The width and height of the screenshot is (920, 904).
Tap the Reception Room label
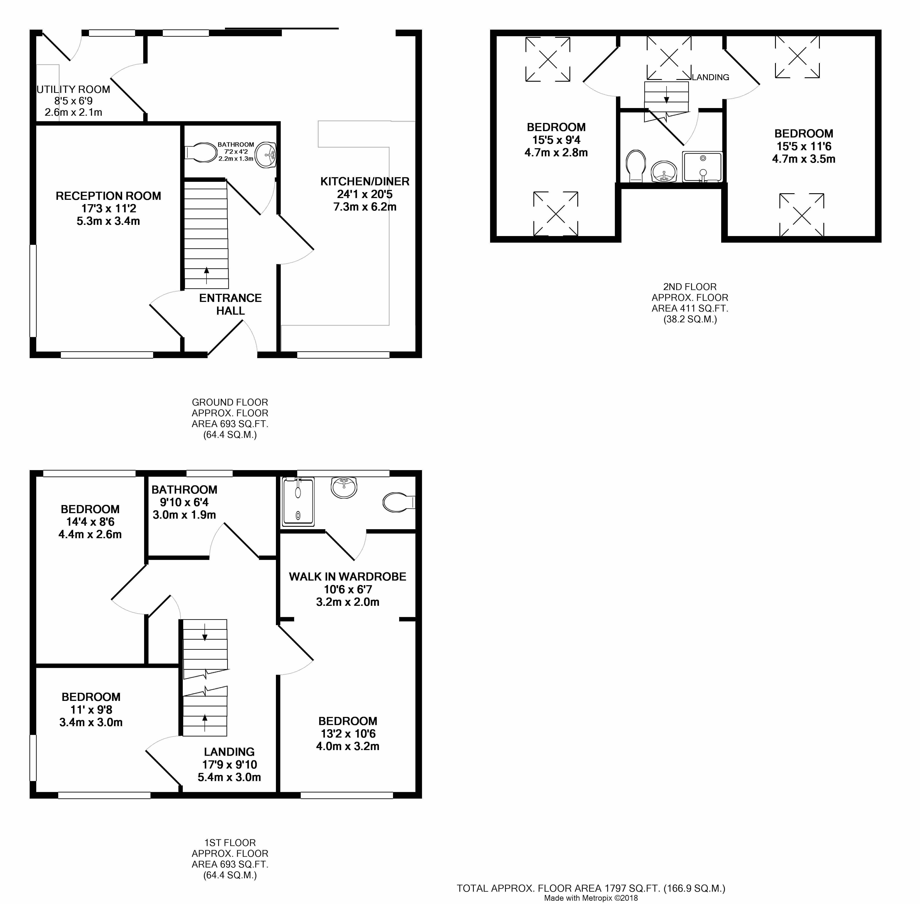coord(108,196)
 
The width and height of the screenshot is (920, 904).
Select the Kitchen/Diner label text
coord(365,181)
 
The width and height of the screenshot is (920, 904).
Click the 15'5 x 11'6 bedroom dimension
coord(804,146)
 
